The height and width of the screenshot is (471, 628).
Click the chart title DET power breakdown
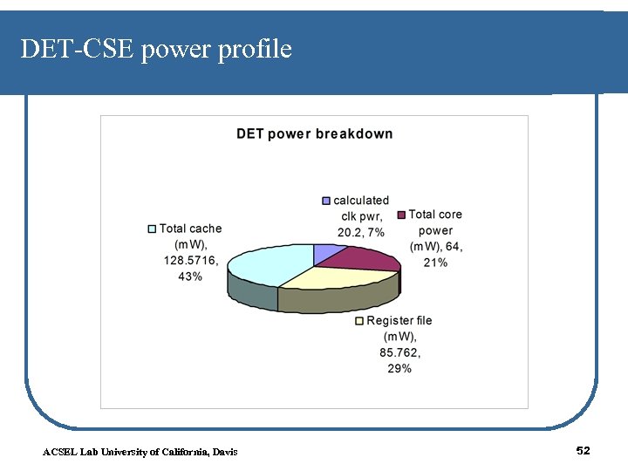click(x=315, y=134)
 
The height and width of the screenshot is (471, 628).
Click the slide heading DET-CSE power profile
click(x=156, y=50)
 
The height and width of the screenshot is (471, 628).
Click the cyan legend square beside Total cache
click(x=152, y=229)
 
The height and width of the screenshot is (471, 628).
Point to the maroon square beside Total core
click(x=401, y=215)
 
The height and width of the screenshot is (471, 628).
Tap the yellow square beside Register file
click(x=359, y=321)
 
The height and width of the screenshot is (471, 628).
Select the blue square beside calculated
click(x=327, y=201)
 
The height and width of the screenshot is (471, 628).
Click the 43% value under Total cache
click(x=189, y=276)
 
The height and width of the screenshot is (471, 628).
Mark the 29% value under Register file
click(x=399, y=369)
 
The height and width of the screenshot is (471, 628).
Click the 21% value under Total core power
click(x=435, y=263)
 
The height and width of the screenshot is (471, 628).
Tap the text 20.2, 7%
click(x=360, y=233)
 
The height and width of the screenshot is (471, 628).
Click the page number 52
click(x=584, y=450)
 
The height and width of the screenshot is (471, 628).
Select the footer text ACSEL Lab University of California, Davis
click(x=140, y=451)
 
